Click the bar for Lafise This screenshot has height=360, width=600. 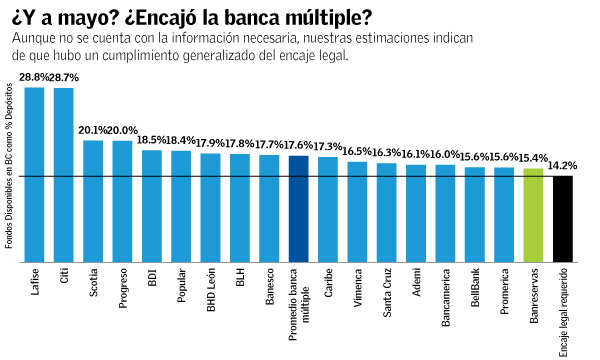click(34, 174)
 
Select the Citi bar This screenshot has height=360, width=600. click(63, 174)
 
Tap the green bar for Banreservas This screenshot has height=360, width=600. click(533, 214)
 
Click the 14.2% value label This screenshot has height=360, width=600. click(563, 166)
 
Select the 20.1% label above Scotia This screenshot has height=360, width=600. click(93, 130)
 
